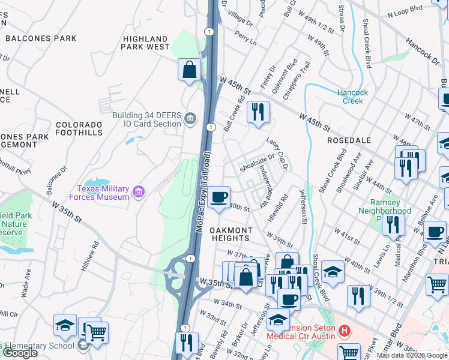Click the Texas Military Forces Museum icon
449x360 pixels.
139,192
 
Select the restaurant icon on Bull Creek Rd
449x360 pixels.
258,112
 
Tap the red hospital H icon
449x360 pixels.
344,331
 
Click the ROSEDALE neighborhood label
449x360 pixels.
349,140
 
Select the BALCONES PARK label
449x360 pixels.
41,38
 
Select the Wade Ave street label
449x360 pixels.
26,282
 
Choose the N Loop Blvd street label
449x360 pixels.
413,10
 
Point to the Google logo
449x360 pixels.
20,353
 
